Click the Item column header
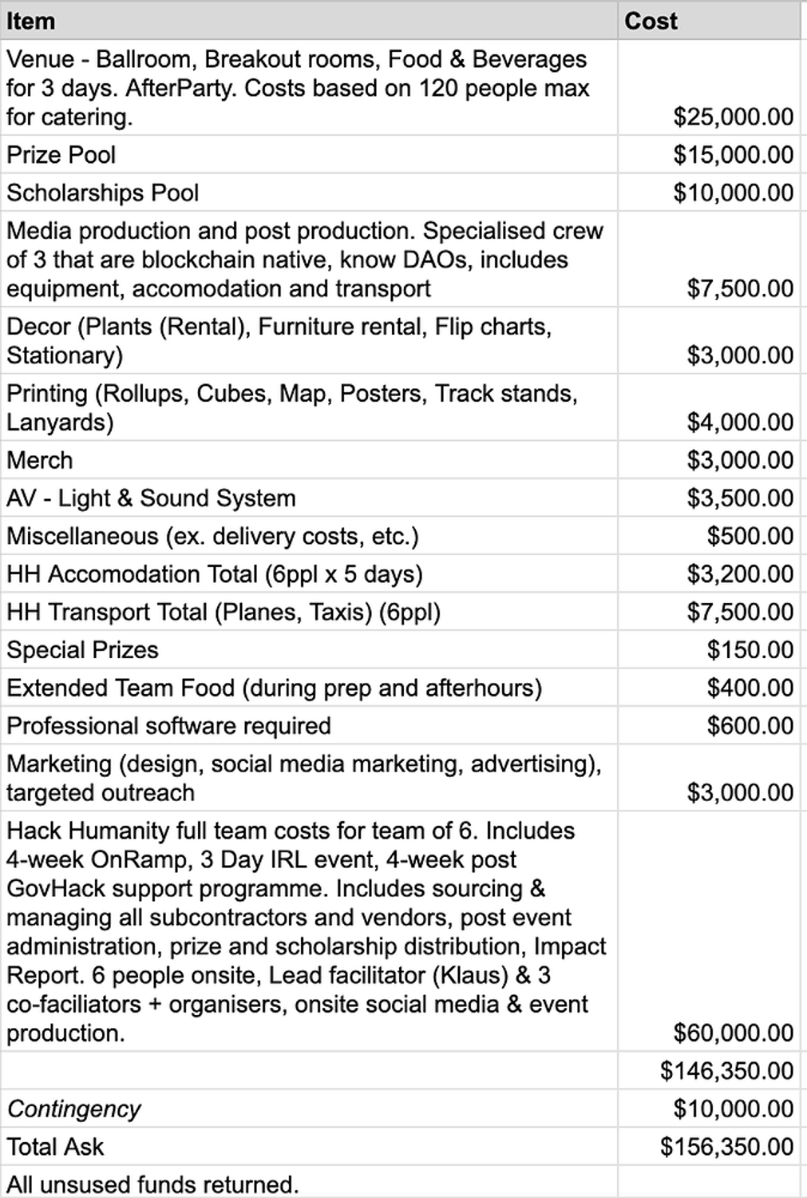31,21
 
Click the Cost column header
651,21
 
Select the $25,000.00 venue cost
733,117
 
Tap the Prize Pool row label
61,154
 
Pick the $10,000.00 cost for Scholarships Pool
733,192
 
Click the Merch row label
40,460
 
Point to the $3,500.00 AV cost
740,498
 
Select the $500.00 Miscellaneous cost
750,536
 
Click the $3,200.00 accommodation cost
740,573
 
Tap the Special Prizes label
82,649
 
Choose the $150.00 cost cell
750,649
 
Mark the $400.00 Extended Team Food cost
750,688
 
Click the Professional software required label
168,725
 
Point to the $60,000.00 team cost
733,1033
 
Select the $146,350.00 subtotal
726,1070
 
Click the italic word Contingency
73,1109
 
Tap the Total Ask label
55,1147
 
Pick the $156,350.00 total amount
726,1147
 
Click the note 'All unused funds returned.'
152,1184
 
